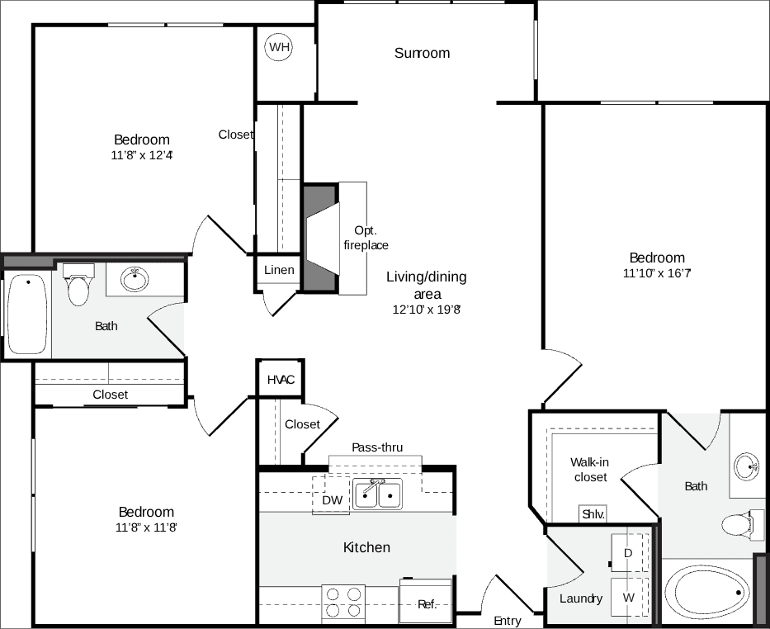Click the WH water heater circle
tap(279, 48)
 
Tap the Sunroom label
tap(422, 54)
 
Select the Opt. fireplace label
tap(366, 238)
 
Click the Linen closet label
tap(279, 270)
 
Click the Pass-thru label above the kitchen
tap(377, 447)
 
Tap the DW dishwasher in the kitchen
tap(332, 499)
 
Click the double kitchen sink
tap(378, 494)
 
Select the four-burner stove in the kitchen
tap(343, 602)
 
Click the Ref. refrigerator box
tap(426, 603)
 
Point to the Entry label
tap(508, 621)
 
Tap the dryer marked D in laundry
tap(628, 552)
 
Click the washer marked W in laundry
tap(628, 597)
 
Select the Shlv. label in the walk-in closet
tap(593, 513)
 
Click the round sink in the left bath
tap(135, 279)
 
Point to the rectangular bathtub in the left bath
tap(27, 314)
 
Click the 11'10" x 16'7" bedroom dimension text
tap(657, 273)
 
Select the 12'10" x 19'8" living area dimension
tap(426, 310)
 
